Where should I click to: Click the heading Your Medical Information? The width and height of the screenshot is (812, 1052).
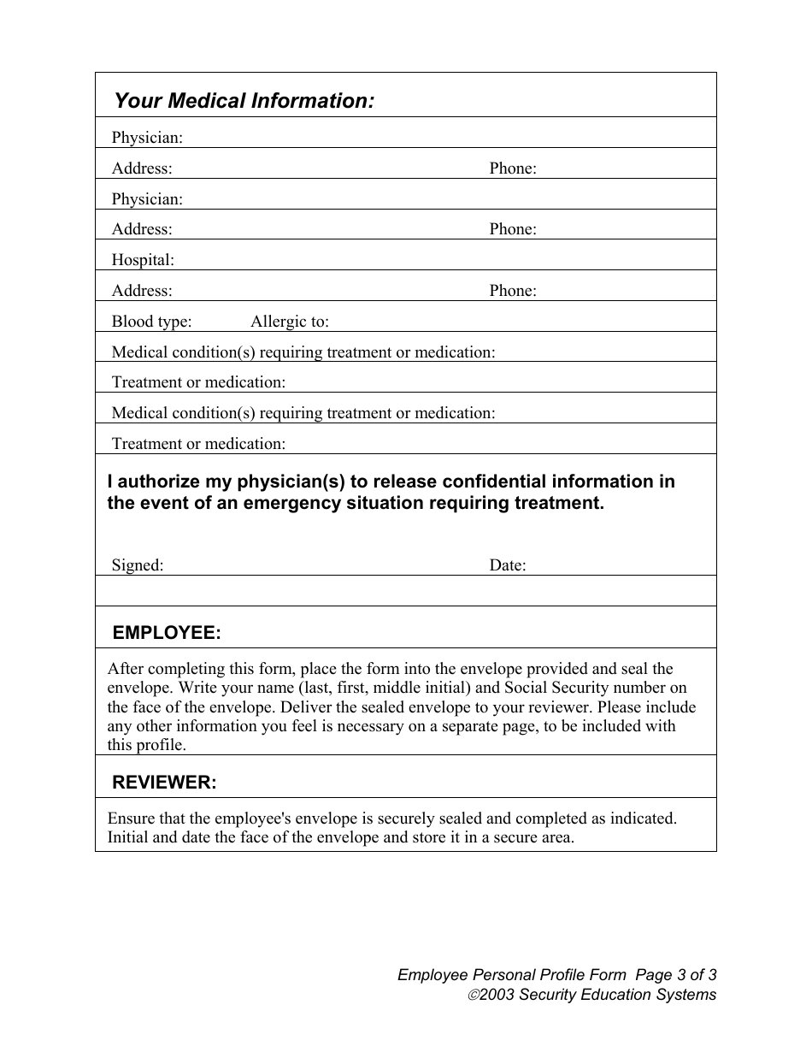coord(244,101)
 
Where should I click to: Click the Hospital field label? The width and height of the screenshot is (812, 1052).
coord(143,260)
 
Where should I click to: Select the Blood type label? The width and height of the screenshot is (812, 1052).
coord(151,322)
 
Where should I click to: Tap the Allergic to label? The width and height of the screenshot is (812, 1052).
coord(289,322)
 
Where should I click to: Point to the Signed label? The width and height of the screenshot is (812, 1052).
coord(137,565)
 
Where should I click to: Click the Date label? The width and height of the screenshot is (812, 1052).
coord(507,565)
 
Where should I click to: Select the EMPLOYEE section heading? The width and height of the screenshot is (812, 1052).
coord(167,633)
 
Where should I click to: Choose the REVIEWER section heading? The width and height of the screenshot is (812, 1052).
coord(164,783)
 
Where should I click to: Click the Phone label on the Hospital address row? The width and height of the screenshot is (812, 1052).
coord(513,291)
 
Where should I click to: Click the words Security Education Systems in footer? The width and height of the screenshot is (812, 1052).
coord(617,995)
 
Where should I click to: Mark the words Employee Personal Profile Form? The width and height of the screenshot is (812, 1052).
coord(512,975)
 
